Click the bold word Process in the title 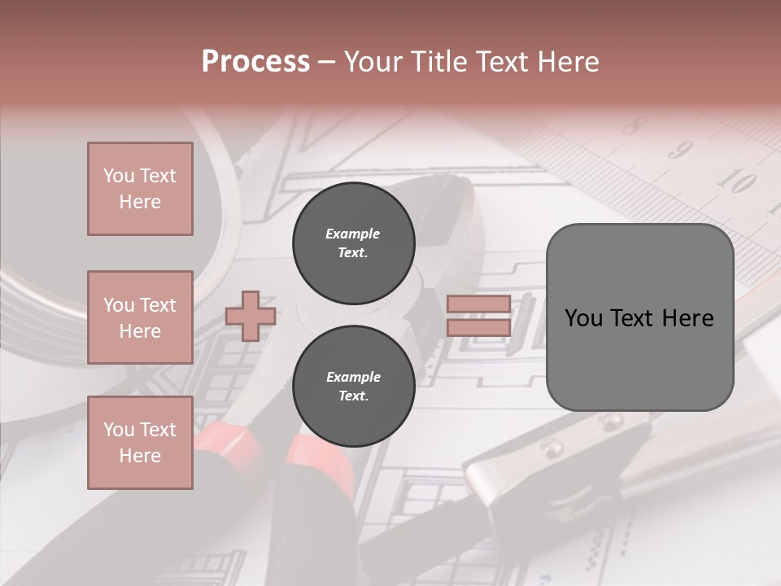tap(255, 62)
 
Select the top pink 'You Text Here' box tap(140, 189)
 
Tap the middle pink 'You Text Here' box tap(140, 317)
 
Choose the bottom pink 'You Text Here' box tap(140, 443)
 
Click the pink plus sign tap(251, 315)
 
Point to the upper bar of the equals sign tap(478, 304)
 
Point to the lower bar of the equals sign tap(478, 327)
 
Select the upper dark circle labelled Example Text tap(353, 243)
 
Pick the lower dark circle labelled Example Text tap(353, 387)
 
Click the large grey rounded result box tap(639, 358)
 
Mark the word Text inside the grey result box tap(639, 317)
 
